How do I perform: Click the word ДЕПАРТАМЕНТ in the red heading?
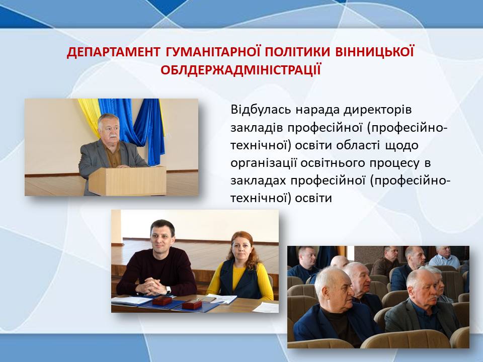pos(113,52)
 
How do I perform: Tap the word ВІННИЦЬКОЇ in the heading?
pos(374,52)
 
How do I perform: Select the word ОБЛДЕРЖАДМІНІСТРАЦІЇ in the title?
pos(241,69)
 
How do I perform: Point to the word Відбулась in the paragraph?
pos(261,109)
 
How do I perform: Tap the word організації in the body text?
pos(263,163)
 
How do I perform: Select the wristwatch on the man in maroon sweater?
pos(168,290)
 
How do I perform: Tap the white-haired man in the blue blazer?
pos(334,308)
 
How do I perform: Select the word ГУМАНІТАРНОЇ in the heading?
pos(213,52)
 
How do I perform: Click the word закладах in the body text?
pos(258,181)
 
